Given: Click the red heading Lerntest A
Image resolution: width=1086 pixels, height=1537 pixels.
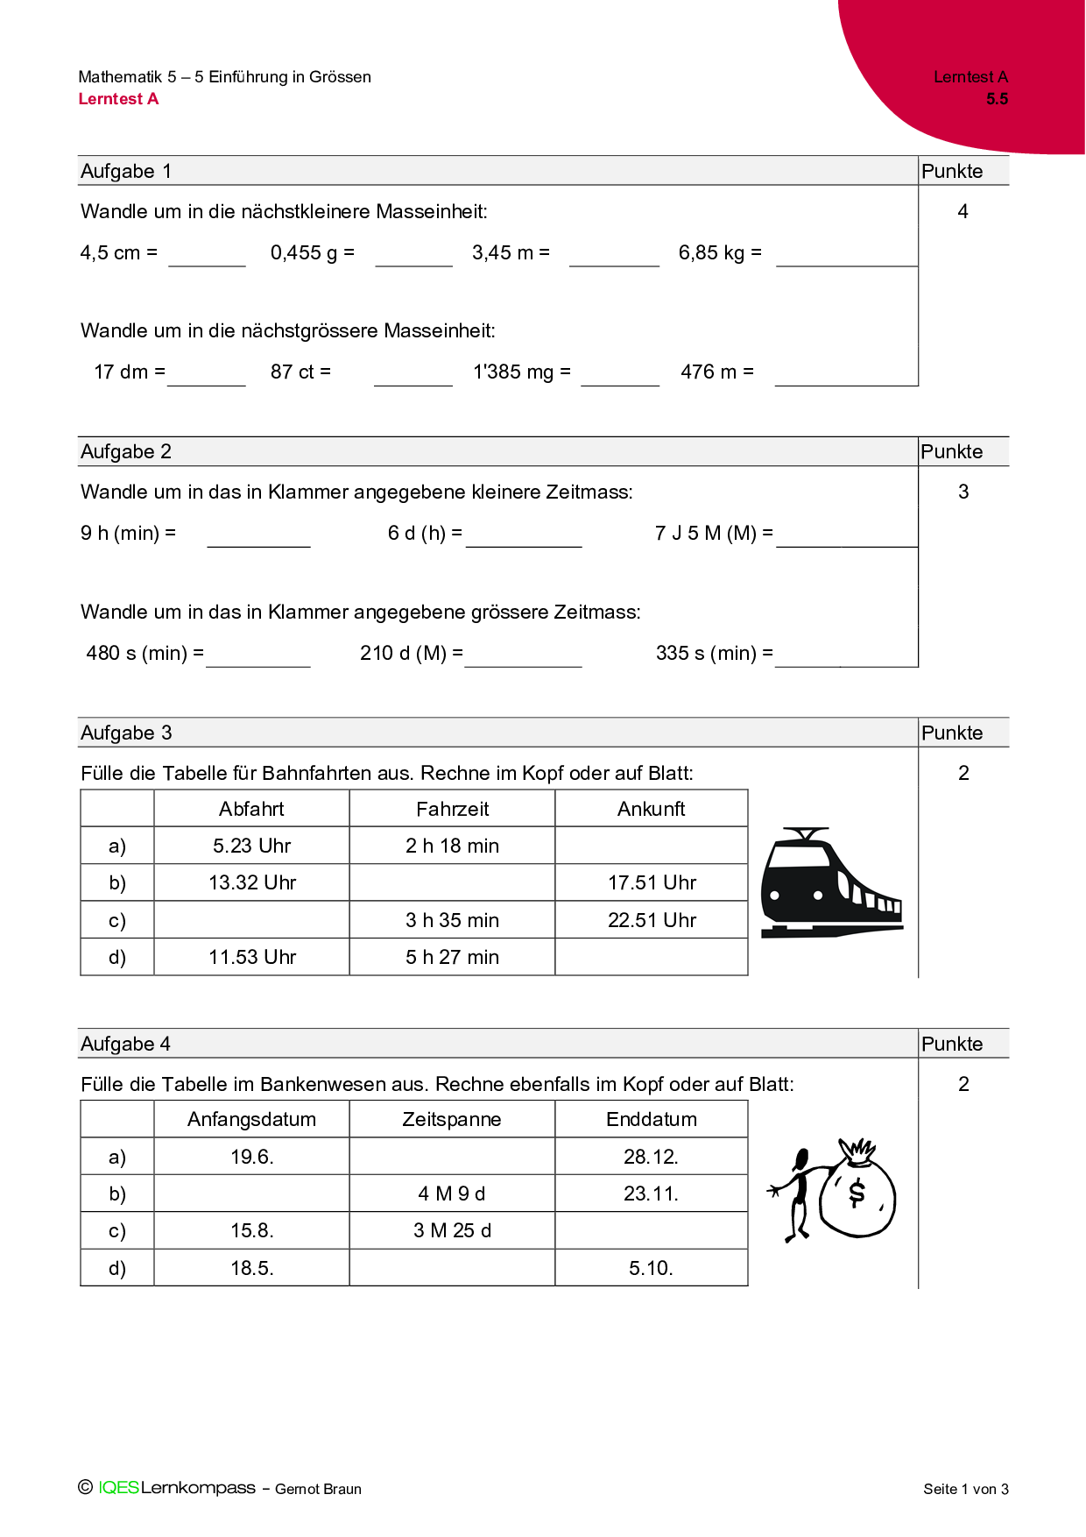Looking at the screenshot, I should pos(118,99).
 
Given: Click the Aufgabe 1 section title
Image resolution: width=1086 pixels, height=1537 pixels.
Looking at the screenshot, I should pos(126,171).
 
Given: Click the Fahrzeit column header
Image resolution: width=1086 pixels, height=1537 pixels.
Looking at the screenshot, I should pos(452,809).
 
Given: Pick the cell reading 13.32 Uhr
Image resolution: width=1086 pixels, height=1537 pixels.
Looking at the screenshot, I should pos(252,882).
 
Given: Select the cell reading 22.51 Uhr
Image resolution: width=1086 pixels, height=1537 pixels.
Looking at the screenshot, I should pos(652,920).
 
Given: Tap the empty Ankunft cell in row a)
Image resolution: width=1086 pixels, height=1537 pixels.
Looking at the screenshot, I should pos(652,846).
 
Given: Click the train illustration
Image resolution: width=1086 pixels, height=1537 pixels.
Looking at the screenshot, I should pos(830,883).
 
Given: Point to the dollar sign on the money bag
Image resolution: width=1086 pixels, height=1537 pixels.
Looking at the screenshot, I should pos(857,1192).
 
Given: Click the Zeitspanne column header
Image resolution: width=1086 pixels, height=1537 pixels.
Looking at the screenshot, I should pos(452,1119).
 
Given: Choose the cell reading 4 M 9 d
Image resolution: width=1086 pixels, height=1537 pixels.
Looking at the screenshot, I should pos(452,1193).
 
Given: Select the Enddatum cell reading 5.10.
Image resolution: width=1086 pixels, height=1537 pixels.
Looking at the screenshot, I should pos(651,1268).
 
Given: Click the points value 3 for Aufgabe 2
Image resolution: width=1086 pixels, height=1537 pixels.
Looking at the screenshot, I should pos(963,492).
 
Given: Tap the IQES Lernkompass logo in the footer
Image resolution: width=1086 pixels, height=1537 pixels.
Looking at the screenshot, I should pos(176,1488).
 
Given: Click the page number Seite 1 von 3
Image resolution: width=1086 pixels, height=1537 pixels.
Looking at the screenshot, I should pos(966,1489).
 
